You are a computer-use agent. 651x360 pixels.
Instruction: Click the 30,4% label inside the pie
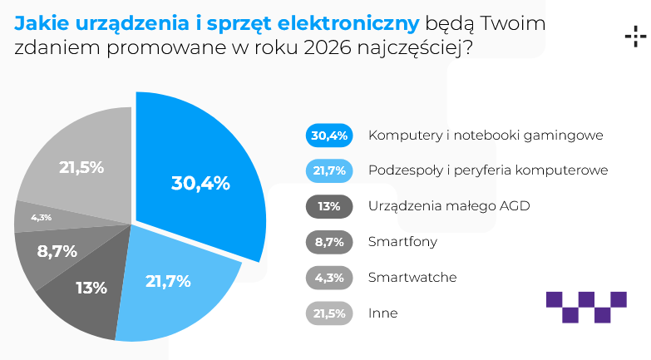coord(200,184)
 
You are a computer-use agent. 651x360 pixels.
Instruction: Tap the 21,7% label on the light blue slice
coord(168,281)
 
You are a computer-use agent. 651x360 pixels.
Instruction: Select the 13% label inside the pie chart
coord(91,288)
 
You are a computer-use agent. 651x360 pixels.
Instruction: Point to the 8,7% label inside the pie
coord(57,249)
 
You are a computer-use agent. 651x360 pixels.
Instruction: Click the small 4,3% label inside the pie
coord(42,218)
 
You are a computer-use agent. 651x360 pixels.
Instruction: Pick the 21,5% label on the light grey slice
coord(81,167)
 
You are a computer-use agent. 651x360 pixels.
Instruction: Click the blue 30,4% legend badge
coord(331,135)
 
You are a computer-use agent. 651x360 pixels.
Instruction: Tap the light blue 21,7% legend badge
coord(331,170)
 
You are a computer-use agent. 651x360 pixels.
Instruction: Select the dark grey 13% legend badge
coord(331,206)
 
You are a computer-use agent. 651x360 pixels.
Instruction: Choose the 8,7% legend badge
coord(331,242)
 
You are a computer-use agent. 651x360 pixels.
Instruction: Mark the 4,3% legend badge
coord(331,278)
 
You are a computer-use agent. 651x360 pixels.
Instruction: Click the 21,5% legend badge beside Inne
coord(331,313)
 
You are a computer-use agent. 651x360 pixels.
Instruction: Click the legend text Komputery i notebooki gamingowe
coord(485,135)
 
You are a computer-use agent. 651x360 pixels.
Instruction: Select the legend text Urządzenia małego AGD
coord(449,206)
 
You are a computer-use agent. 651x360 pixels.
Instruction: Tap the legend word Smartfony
coord(402,242)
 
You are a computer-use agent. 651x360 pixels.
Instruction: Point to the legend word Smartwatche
coord(412,278)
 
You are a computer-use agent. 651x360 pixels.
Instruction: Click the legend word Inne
coord(383,313)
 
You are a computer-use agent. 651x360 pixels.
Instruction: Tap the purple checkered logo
coord(586,305)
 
